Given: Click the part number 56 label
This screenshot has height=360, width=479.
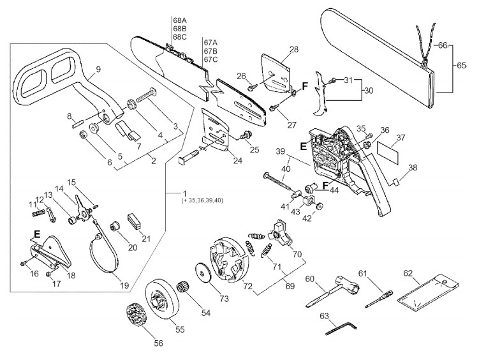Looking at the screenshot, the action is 158,343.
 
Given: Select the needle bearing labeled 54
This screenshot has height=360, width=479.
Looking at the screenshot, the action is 183,289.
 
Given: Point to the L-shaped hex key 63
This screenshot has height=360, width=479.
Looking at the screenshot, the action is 341,328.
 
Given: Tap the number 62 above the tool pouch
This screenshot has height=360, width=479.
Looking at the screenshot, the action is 408,273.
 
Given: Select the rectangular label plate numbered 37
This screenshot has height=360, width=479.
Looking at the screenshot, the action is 388,152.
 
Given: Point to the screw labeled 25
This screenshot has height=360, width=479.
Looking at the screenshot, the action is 246,135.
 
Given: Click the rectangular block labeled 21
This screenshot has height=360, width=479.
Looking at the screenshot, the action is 134,221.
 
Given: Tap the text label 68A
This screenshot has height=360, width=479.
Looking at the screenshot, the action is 180,20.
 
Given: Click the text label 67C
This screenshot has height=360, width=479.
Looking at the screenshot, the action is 210,59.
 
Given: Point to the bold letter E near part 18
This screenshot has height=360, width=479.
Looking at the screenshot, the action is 37,234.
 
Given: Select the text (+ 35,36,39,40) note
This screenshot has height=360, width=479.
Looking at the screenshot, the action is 202,200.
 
